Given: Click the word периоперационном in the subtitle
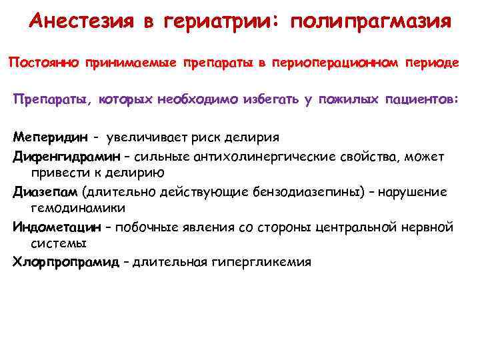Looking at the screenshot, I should pos(343,63).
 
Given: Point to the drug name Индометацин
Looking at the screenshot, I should pos(57,227).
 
